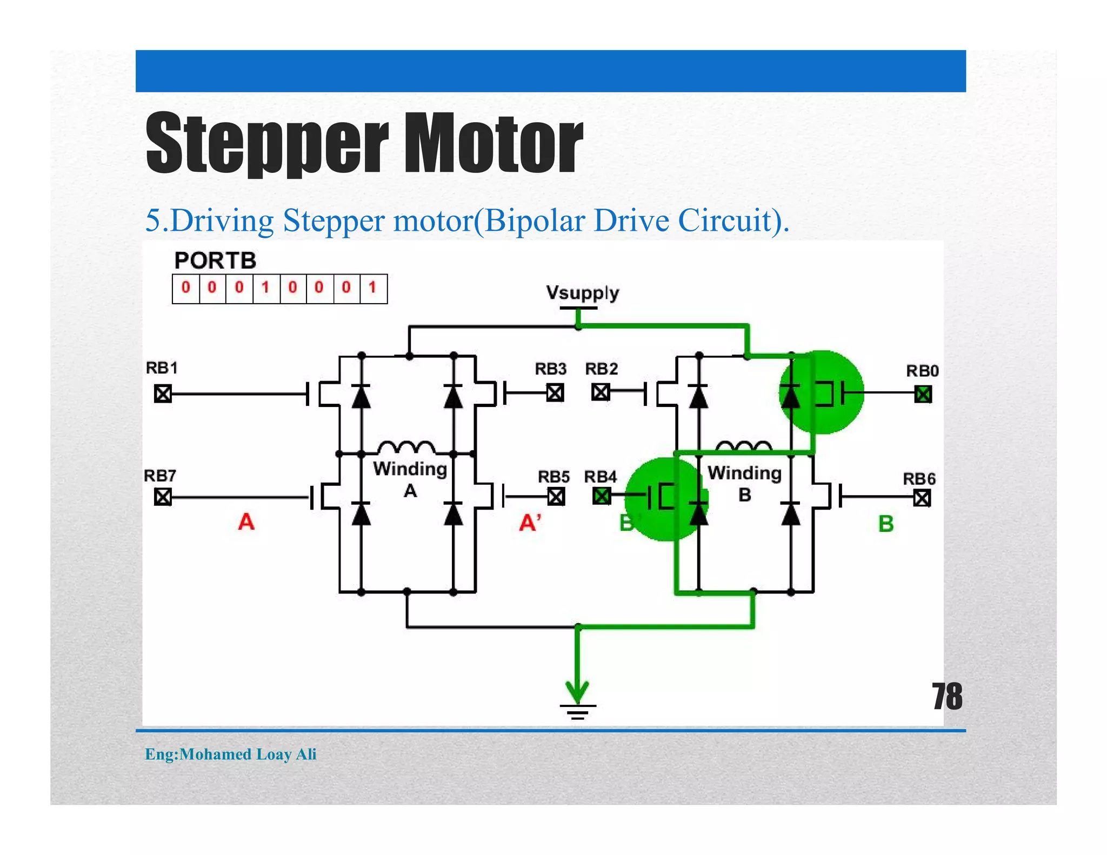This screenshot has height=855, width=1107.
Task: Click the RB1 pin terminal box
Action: tap(163, 393)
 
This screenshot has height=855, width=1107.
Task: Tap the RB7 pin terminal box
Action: tap(163, 496)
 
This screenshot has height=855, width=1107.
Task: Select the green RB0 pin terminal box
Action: tap(923, 394)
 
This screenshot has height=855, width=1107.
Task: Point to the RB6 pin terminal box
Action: tap(922, 497)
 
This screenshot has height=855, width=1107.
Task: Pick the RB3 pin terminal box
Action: tap(555, 392)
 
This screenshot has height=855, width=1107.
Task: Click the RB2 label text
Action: tap(601, 369)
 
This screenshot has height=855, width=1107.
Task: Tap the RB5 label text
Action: tap(553, 477)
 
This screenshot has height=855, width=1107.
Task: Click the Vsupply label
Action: tap(582, 292)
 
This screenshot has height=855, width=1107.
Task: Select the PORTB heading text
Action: tap(215, 261)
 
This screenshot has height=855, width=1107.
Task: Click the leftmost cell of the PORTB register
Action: tap(186, 288)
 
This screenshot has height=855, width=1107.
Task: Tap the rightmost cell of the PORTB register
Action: tap(373, 288)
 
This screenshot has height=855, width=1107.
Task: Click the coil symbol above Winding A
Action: tap(406, 447)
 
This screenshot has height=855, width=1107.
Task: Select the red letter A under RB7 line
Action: tap(246, 522)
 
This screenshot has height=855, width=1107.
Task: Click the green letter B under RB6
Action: tap(885, 524)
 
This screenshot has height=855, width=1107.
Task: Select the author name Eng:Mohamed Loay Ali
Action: tap(231, 754)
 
